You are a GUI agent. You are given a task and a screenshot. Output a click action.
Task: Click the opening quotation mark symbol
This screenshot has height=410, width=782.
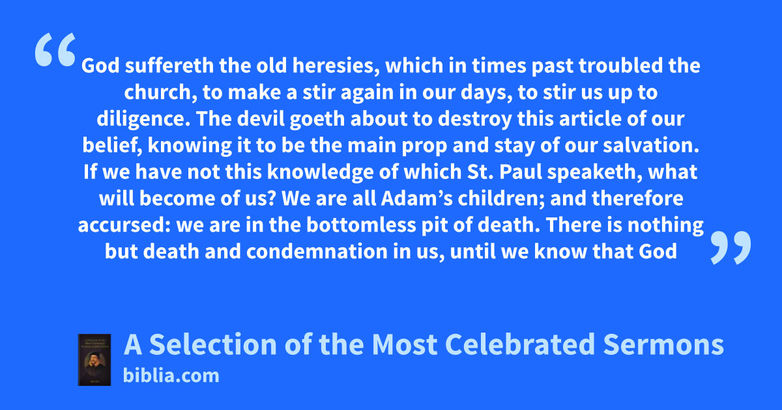coord(55,49)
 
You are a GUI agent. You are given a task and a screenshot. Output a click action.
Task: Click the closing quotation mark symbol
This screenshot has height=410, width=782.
coord(731,247)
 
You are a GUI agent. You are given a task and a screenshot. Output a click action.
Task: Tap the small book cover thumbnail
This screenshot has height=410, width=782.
coord(94,360)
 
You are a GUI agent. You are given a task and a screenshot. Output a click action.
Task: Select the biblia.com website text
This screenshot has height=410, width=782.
coord(171,376)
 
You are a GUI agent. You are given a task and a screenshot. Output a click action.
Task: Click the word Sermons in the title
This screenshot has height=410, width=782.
coord(663,344)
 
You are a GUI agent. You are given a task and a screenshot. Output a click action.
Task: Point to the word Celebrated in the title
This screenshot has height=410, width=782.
coord(520,344)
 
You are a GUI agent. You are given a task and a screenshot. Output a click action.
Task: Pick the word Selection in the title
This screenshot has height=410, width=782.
coord(213,344)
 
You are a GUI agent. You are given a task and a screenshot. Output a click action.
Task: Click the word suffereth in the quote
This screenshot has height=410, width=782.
coord(169,66)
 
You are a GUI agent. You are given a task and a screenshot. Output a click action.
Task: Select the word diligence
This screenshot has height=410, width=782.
coord(143,119)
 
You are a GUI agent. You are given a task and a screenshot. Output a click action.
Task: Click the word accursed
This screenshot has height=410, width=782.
coord(124,226)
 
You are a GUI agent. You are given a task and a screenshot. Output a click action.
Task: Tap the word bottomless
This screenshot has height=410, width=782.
coord(361,225)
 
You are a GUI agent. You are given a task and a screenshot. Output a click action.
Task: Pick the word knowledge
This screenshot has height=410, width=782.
coord(320,172)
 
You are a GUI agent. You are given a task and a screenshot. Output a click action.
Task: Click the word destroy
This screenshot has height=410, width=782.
coord(475,120)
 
